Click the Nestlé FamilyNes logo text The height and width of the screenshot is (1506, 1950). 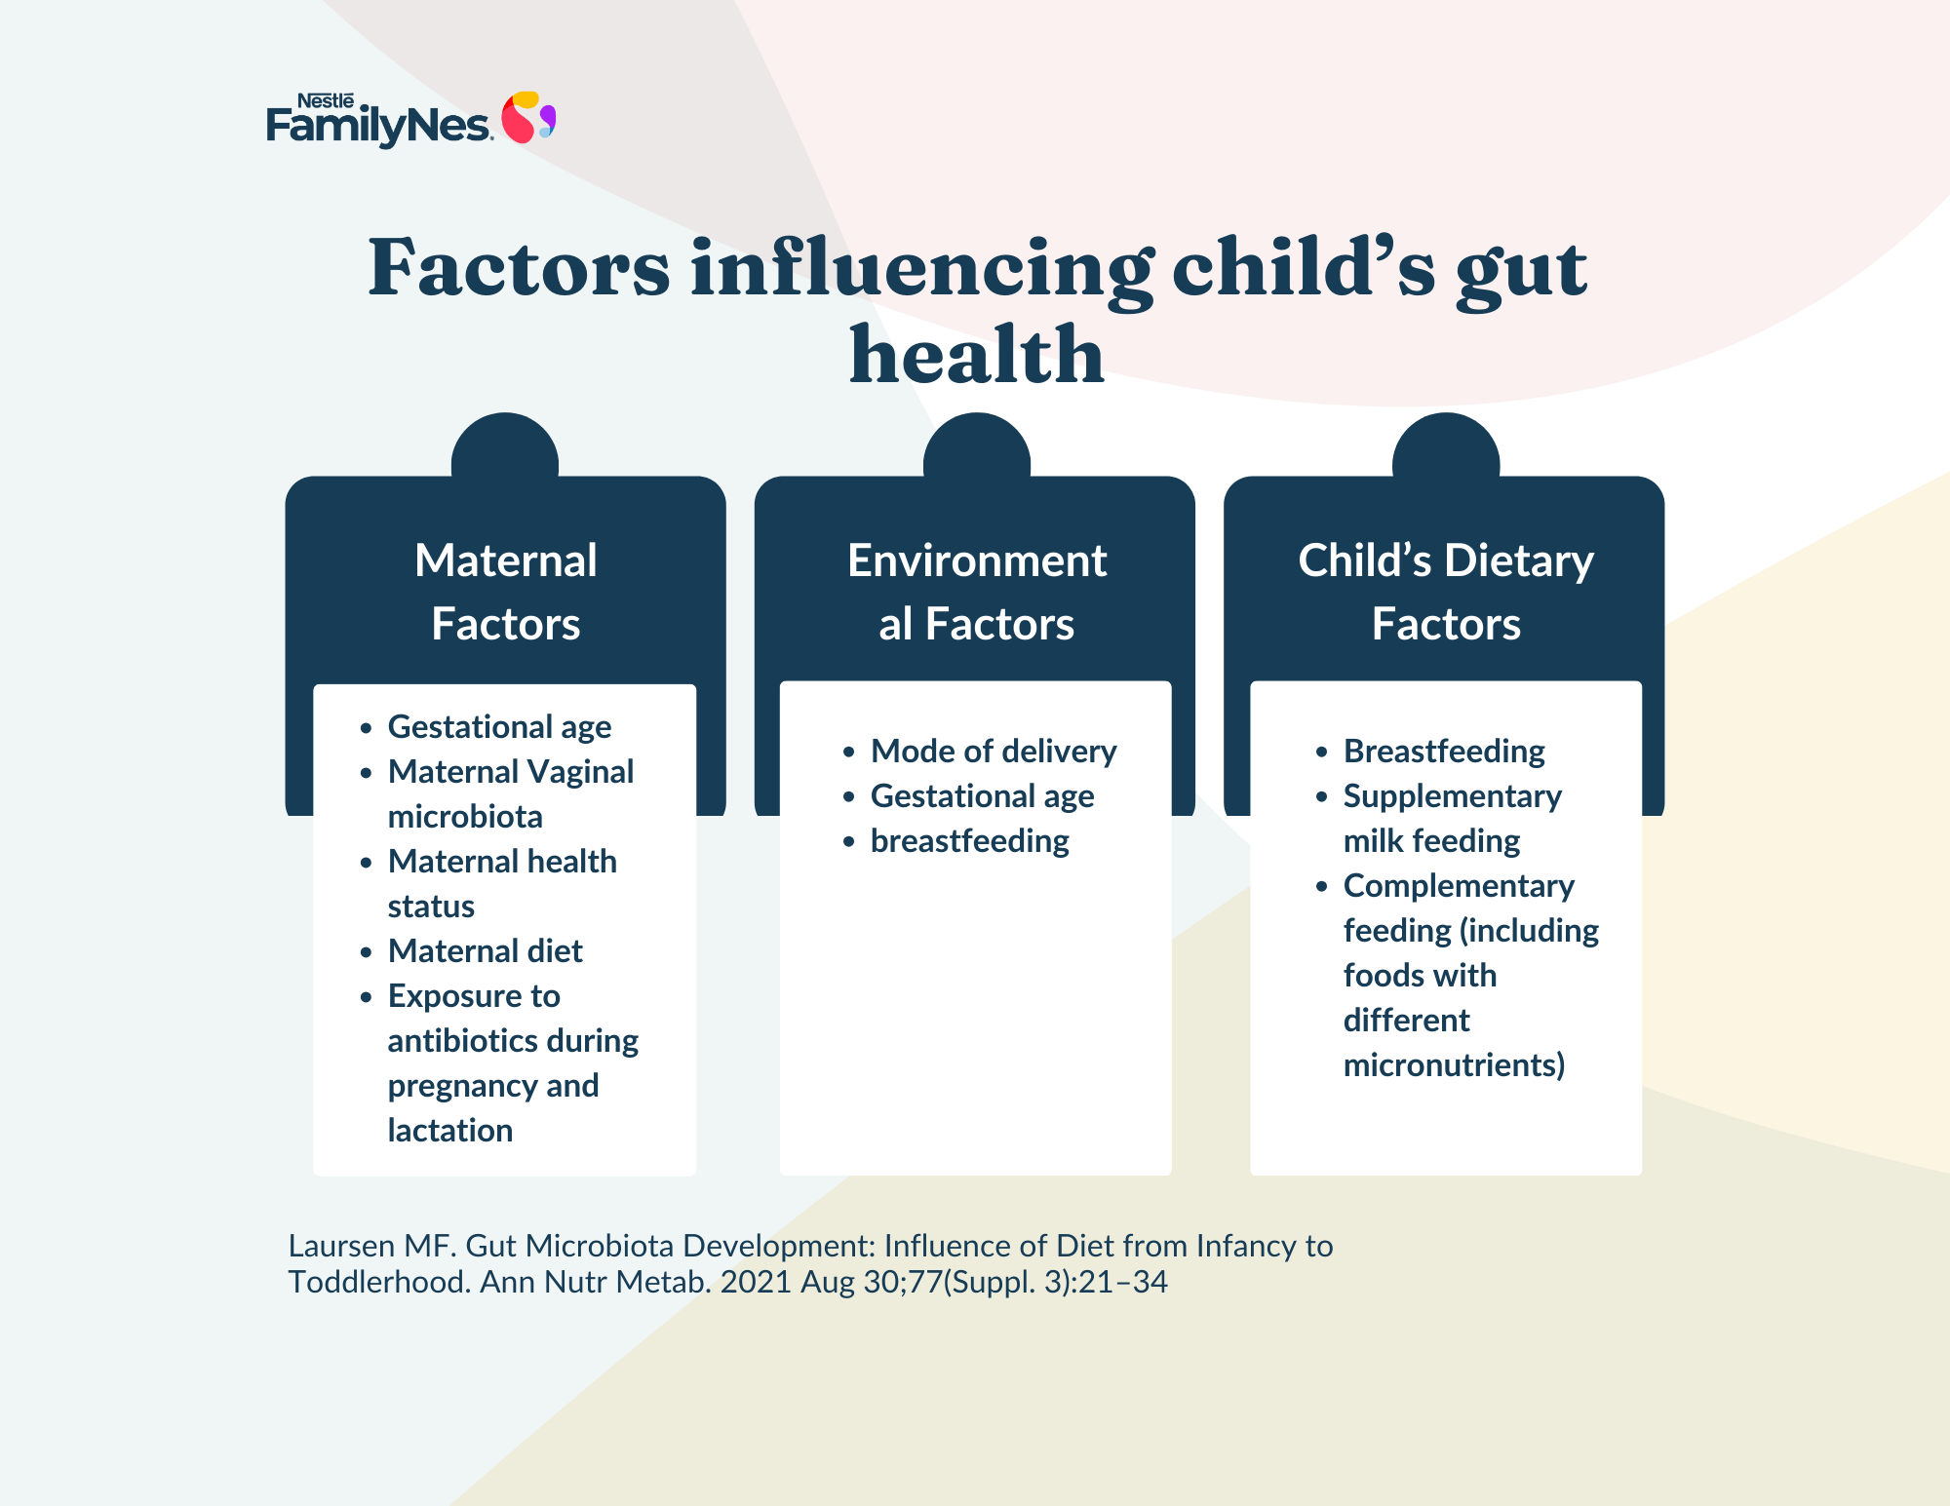pos(378,120)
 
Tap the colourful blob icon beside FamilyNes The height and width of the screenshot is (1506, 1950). pos(528,117)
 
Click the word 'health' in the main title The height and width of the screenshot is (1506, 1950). pos(977,354)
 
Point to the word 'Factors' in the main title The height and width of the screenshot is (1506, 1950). pos(519,268)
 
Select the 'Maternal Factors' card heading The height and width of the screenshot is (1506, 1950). pos(506,592)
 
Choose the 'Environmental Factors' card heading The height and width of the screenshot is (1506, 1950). pos(977,592)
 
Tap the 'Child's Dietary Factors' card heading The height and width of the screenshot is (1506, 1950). pos(1446,592)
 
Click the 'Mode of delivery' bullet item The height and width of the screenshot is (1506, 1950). pos(994,751)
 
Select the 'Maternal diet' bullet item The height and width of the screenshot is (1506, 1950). pos(485,950)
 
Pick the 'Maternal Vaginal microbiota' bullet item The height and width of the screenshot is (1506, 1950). pos(511,793)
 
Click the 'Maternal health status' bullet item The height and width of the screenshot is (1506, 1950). pos(502,883)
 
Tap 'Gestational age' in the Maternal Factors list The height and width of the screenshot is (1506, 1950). pos(499,727)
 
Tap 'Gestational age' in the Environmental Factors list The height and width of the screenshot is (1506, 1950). pos(982,796)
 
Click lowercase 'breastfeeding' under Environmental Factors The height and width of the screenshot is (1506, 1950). pos(970,841)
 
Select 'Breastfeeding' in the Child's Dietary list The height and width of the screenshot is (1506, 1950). pos(1444,752)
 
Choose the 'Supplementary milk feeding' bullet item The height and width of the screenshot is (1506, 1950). pos(1453,819)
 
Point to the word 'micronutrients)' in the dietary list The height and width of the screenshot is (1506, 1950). pos(1454,1064)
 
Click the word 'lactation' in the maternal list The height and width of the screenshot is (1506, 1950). pos(450,1130)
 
